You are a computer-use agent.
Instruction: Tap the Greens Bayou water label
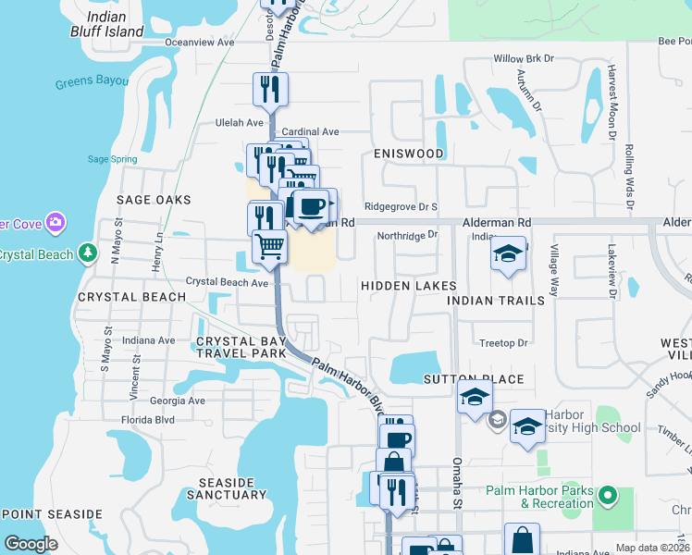(x=91, y=82)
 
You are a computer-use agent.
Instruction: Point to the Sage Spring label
(x=112, y=159)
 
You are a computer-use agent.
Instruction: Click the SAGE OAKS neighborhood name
(x=154, y=200)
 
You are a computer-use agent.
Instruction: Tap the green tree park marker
(x=87, y=252)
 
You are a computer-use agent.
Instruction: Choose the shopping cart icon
(x=269, y=247)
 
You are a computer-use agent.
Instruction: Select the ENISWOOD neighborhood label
(x=408, y=154)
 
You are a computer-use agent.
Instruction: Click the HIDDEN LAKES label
(x=408, y=286)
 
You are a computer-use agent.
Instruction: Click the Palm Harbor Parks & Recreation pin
(x=607, y=497)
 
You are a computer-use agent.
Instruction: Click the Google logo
(x=31, y=544)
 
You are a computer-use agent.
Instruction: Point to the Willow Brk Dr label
(x=523, y=58)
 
